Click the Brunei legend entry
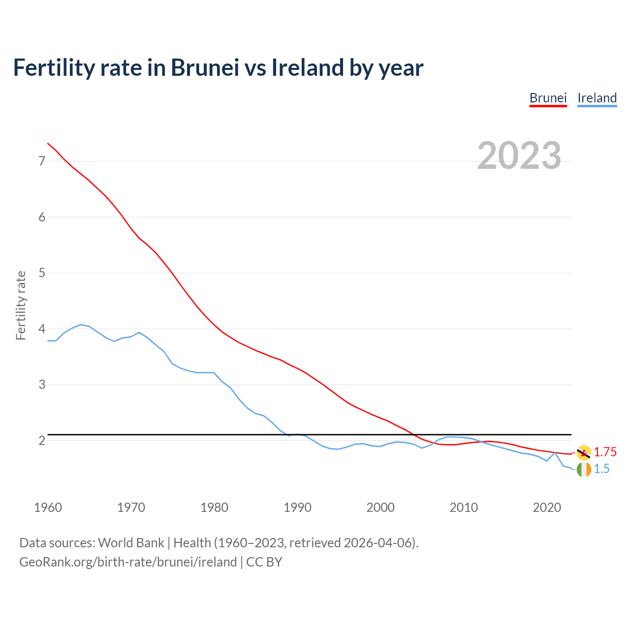(548, 98)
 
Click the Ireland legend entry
(597, 98)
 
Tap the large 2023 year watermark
(519, 156)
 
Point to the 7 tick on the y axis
(42, 161)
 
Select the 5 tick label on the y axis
(42, 273)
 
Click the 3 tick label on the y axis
(42, 384)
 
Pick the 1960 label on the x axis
(48, 507)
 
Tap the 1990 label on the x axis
(297, 507)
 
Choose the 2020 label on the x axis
(547, 507)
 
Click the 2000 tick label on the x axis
(380, 507)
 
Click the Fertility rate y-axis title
(21, 305)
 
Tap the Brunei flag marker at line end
(584, 452)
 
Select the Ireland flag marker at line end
(584, 470)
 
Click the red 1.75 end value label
(605, 452)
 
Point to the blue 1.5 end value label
(601, 469)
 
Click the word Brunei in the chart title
(205, 68)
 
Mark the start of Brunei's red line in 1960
(48, 143)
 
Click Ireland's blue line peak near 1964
(81, 325)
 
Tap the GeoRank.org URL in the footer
(128, 562)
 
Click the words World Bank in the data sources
(131, 543)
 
